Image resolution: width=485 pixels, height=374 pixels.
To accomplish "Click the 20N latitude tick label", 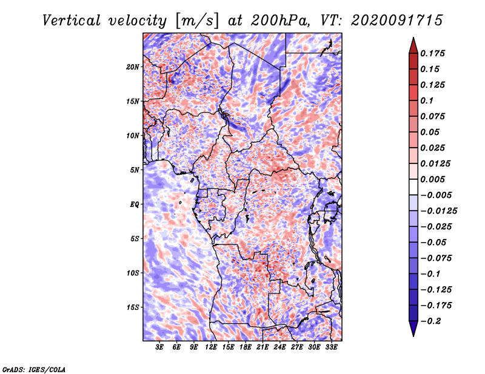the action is [133, 67].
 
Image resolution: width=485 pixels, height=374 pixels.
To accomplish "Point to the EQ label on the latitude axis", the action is [134, 204].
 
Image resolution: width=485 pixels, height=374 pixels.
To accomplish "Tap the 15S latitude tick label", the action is [133, 307].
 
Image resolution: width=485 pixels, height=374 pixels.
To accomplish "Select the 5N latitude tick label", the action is [135, 170].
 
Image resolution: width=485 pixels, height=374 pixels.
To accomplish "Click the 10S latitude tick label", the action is [133, 273].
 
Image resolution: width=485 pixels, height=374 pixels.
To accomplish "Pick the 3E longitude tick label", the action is [159, 347].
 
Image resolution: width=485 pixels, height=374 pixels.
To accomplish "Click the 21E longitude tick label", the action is [263, 347].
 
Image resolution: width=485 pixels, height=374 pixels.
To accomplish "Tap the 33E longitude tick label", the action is [331, 347].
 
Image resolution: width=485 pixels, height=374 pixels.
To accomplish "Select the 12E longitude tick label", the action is [211, 347].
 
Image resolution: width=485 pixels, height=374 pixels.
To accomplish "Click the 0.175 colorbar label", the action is [432, 53].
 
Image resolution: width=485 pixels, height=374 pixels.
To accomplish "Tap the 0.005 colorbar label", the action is [432, 179].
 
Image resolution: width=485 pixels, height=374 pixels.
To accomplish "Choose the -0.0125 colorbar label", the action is [438, 211].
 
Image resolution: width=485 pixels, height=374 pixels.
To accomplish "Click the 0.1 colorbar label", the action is [427, 100].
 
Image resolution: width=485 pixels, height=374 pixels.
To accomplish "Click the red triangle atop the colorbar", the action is [413, 47].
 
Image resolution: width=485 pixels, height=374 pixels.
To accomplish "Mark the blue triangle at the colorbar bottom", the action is [413, 328].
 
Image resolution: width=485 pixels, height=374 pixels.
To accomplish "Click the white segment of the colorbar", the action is [413, 187].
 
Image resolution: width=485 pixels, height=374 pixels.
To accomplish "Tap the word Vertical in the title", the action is [72, 21].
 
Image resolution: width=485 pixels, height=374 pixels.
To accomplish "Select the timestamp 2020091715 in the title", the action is [397, 21].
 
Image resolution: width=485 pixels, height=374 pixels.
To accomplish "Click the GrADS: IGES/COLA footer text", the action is [34, 370].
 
